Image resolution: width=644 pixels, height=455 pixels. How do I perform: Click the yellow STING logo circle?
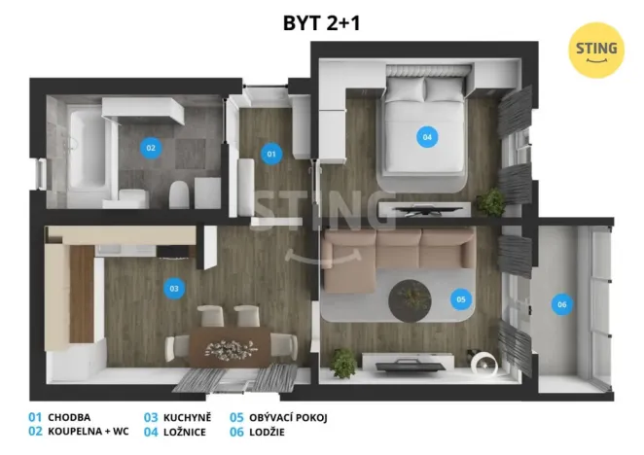click(596, 51)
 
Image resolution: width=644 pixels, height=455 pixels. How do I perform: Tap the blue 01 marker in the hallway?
click(271, 154)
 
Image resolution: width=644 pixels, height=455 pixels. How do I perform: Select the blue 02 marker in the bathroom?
click(151, 148)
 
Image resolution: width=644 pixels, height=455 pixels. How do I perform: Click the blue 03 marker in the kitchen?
click(174, 289)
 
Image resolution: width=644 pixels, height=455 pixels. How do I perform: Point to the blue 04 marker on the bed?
click(427, 137)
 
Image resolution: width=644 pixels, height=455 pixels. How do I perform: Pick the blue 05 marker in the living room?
click(461, 299)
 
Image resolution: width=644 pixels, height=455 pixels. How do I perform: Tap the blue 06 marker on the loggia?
click(562, 304)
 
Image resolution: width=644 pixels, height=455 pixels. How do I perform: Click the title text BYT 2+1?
click(322, 23)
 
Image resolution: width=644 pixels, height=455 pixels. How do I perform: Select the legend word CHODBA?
click(69, 418)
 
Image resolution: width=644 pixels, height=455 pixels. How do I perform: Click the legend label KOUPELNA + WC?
click(89, 432)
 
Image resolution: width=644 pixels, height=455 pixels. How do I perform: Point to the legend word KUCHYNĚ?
click(188, 418)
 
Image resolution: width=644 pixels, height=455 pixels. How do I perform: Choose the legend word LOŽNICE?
click(185, 432)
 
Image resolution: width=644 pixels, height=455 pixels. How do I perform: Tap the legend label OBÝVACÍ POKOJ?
click(288, 418)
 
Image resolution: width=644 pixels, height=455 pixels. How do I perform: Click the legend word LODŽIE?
click(267, 432)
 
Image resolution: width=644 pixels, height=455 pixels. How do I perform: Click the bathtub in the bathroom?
click(88, 154)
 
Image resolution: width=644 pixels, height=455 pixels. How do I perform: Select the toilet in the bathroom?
click(179, 194)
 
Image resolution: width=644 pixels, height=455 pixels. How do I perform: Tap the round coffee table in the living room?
click(410, 300)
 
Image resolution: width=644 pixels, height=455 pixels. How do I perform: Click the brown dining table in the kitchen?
click(230, 346)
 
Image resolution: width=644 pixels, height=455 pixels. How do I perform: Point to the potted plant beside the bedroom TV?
click(490, 201)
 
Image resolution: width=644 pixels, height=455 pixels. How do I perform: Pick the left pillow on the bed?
click(406, 89)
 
